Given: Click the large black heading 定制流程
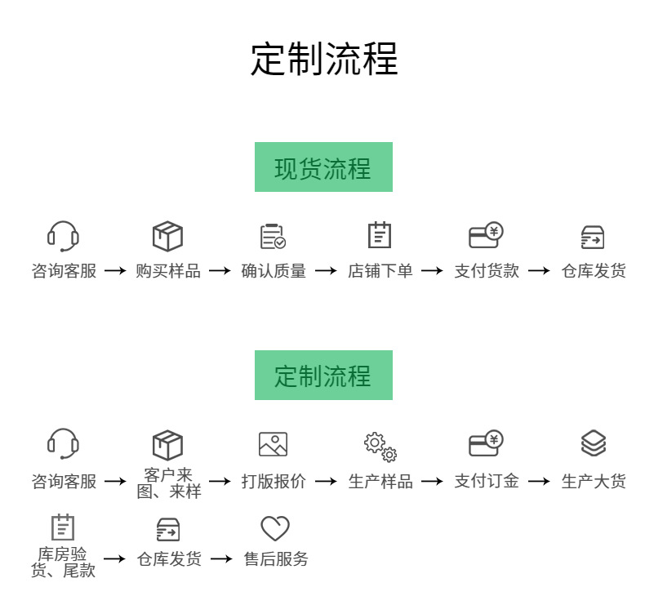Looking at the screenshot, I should pos(323,60).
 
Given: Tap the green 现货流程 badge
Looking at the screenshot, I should pos(323,167).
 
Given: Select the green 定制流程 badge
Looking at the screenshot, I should pos(323,376).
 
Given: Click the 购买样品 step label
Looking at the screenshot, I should pos(168,271).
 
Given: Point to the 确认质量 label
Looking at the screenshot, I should pos(274,271).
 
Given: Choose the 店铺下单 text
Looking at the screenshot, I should pos(380,271).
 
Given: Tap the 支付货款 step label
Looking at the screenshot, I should pos(487,271).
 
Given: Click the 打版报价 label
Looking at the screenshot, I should pos(274,482).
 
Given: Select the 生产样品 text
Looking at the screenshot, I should pos(380,482).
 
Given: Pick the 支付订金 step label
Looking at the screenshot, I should pos(487,482).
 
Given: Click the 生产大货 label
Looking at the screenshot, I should pos(594,482).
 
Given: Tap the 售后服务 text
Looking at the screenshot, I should pos(276,559).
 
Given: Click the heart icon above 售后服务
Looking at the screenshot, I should pos(275,528).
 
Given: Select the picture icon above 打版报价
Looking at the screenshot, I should pos(273,444).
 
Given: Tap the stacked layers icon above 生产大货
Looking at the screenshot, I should pos(594,443).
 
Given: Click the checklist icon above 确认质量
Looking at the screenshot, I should pos(273,236).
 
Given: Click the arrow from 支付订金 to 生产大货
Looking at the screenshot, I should pos(539,482).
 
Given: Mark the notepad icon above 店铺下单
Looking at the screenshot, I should pos(380,235).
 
